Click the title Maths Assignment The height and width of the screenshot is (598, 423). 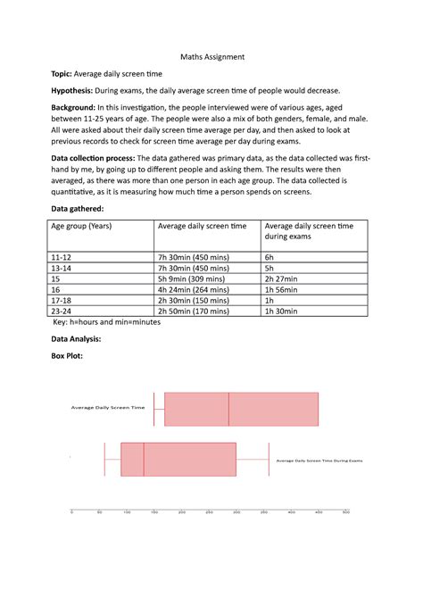pyautogui.click(x=211, y=57)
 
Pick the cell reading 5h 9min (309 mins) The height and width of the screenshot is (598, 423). pyautogui.click(x=191, y=278)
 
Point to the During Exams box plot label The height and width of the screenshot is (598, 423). pyautogui.click(x=319, y=461)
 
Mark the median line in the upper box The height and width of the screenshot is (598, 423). pyautogui.click(x=228, y=409)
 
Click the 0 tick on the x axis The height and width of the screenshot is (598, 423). pyautogui.click(x=71, y=512)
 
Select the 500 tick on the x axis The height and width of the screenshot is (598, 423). pyautogui.click(x=346, y=512)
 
